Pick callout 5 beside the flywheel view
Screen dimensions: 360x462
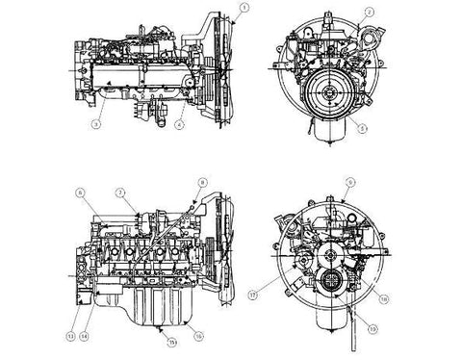click(x=362, y=125)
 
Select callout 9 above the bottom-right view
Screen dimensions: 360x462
click(x=351, y=182)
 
